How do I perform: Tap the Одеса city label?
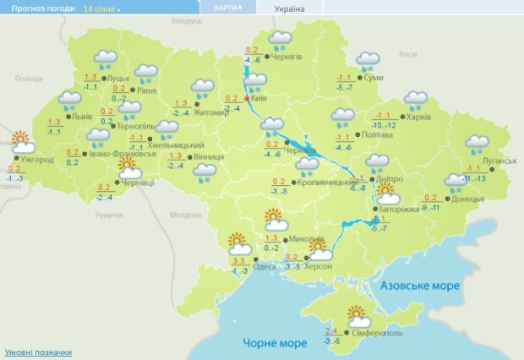click(x=265, y=266)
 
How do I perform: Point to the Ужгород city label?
click(x=37, y=159)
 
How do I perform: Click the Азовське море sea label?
click(x=420, y=286)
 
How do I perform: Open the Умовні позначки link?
click(x=38, y=352)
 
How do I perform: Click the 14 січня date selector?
click(x=101, y=8)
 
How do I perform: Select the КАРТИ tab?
click(x=226, y=8)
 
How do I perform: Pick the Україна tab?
click(x=290, y=8)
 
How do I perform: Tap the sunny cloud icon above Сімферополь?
click(x=359, y=316)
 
